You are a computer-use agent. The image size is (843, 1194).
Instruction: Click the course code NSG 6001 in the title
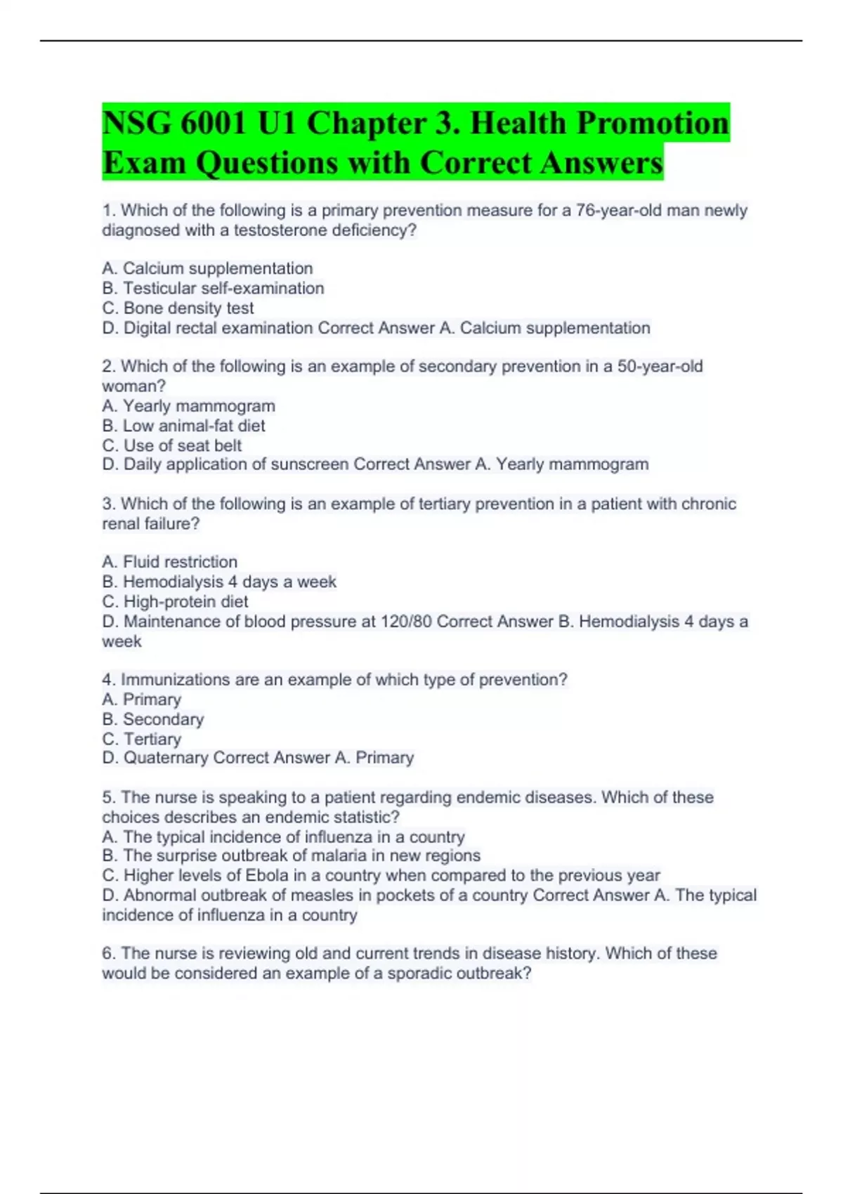174,124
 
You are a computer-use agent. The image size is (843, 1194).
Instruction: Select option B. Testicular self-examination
213,288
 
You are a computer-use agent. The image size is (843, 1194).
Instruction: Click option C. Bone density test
178,308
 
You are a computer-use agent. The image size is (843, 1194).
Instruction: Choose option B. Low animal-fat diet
183,426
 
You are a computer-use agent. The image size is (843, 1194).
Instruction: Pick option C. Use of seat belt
171,445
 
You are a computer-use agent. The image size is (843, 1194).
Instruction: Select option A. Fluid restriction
169,562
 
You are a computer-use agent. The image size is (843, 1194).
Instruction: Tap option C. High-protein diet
175,601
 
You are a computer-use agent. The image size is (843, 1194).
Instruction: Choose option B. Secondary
152,719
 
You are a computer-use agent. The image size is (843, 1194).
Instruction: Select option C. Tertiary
141,739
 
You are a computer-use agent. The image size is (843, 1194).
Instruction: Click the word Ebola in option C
266,875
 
